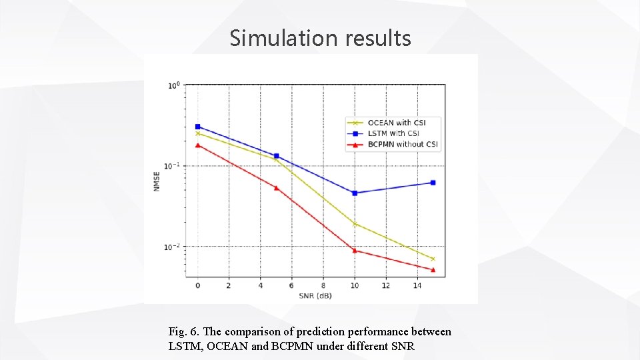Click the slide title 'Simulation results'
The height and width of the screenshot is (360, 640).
320,38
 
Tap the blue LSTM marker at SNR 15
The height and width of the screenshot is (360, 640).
433,183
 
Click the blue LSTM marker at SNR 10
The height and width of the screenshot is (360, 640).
355,193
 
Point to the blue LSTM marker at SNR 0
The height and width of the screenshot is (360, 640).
197,127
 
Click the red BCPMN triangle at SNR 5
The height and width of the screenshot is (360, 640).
276,188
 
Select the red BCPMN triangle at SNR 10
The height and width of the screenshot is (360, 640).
355,251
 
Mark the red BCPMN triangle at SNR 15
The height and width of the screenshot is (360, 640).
433,270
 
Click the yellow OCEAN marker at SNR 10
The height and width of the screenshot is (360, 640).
355,224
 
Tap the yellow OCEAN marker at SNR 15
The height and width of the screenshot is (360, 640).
433,259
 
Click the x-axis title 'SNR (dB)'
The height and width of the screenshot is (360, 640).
315,295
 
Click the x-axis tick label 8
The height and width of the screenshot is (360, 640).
323,285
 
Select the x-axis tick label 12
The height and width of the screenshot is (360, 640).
386,285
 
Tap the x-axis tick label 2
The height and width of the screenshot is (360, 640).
229,285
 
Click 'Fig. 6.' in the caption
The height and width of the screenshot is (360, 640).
184,331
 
